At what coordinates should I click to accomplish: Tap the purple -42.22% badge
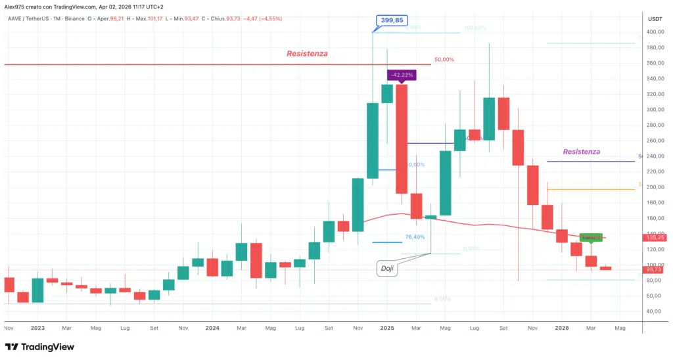point(401,75)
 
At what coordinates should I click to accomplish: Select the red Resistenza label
point(307,53)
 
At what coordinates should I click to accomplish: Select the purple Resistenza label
point(581,152)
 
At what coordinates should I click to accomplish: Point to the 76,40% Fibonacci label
point(415,236)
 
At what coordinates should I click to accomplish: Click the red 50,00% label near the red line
point(444,60)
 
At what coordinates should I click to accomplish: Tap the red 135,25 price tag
point(655,237)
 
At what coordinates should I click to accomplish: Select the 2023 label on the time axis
point(37,326)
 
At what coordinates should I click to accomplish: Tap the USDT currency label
point(655,19)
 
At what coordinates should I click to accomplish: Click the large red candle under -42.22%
point(401,139)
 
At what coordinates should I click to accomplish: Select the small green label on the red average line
point(591,237)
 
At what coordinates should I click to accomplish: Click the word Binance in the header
point(75,18)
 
